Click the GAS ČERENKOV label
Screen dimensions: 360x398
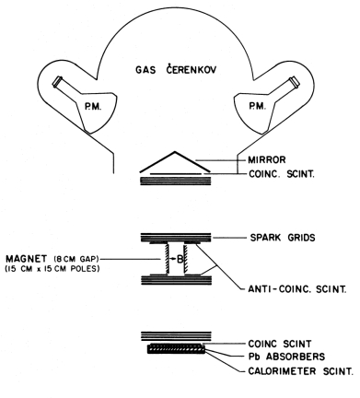(x=176, y=69)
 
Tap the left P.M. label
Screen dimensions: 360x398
(x=93, y=107)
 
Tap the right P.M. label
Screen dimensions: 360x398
(x=257, y=106)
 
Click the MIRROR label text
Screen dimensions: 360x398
(x=267, y=159)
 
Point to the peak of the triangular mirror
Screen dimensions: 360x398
(x=175, y=151)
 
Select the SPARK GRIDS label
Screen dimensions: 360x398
(x=283, y=238)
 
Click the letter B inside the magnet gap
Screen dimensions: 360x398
(x=180, y=259)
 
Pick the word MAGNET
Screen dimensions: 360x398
(x=27, y=258)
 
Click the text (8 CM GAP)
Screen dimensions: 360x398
(x=75, y=259)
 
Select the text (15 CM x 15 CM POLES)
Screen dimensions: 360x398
(x=52, y=269)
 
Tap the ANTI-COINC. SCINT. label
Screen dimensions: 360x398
(x=297, y=289)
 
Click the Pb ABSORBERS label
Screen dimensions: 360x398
(x=286, y=357)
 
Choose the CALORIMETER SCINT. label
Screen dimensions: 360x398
(x=300, y=371)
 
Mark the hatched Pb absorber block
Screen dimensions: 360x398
(x=176, y=349)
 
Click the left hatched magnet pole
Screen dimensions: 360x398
(x=168, y=258)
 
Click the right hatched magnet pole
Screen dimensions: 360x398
(x=185, y=258)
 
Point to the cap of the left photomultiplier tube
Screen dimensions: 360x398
(x=57, y=82)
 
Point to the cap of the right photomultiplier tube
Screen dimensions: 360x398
(x=295, y=81)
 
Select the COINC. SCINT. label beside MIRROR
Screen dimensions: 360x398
(x=282, y=174)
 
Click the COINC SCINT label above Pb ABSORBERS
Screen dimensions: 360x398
(x=280, y=344)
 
